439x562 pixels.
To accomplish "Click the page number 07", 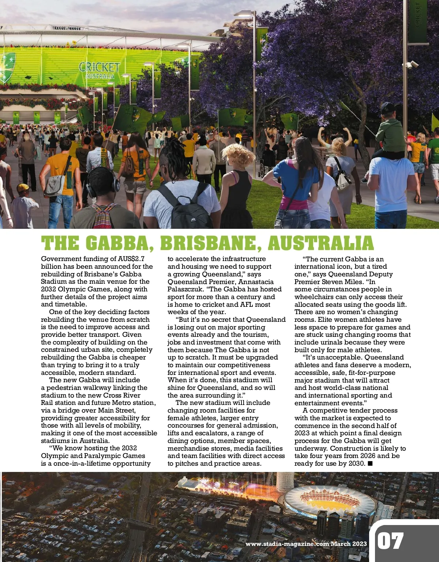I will [x=391, y=541].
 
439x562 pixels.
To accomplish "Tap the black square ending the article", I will [x=370, y=464].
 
